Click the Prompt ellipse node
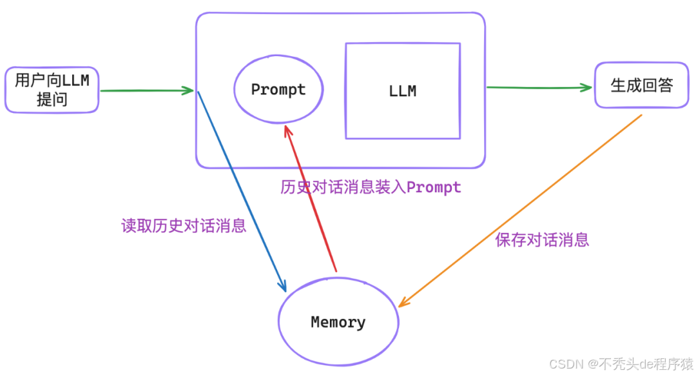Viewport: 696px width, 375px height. tap(278, 90)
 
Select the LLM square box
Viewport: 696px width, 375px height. tap(403, 91)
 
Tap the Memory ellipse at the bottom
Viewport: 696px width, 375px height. tap(338, 321)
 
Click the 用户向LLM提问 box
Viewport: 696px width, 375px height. tap(52, 90)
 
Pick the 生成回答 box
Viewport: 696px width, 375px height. tap(641, 85)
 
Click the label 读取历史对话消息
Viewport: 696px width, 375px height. tap(184, 226)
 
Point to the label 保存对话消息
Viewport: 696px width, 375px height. tap(542, 240)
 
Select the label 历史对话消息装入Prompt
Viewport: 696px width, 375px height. tap(371, 187)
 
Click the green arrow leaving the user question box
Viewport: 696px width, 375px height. tap(147, 90)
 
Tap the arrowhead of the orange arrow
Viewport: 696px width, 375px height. tap(402, 303)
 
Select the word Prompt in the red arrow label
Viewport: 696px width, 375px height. tap(434, 188)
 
